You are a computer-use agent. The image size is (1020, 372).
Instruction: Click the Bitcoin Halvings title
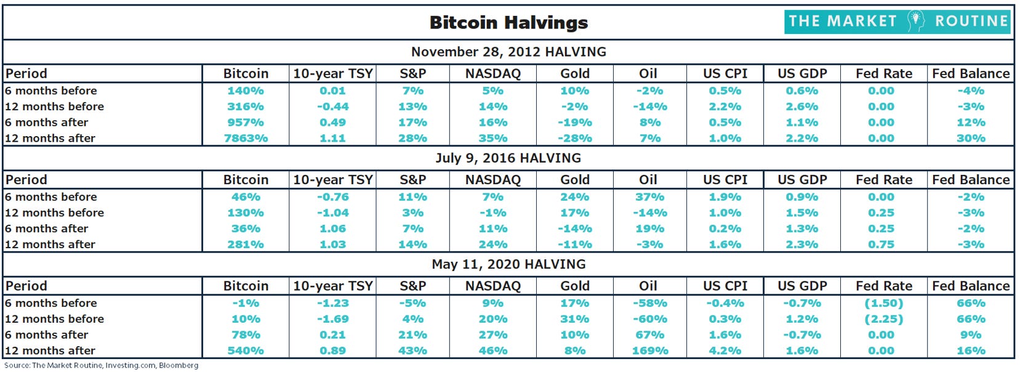(508, 23)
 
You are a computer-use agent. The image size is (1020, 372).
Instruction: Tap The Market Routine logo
(898, 22)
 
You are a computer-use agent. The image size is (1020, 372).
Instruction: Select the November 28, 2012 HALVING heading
(508, 52)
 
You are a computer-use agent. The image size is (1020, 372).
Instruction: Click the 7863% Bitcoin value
(246, 139)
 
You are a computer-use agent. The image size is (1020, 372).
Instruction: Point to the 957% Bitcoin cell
(246, 123)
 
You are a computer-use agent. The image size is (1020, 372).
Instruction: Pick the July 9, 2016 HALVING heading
(508, 158)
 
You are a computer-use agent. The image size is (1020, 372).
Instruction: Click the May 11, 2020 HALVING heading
(508, 264)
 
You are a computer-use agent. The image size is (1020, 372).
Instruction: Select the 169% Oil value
(650, 351)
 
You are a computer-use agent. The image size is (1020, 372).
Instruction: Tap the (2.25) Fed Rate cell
(883, 319)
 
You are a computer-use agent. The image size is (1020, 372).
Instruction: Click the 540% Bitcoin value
(246, 351)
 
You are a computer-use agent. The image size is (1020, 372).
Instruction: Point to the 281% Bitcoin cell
(246, 245)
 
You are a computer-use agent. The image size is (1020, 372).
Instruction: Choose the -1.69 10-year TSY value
(332, 319)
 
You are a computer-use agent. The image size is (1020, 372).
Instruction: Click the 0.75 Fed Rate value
(881, 245)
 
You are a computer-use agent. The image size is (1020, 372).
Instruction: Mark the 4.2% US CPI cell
(725, 351)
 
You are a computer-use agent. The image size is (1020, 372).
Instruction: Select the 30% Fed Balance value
(971, 139)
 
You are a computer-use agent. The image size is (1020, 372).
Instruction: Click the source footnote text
(102, 366)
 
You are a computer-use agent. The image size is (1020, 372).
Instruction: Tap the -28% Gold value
(574, 139)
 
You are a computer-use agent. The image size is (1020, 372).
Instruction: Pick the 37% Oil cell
(649, 197)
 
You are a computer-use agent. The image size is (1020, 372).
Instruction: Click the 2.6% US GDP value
(801, 107)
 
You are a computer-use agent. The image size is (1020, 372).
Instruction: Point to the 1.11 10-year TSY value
(332, 139)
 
